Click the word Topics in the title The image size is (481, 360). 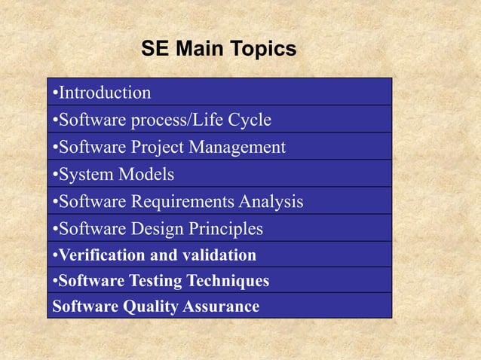(x=263, y=50)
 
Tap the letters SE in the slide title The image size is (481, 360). (x=153, y=50)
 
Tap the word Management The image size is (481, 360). (x=237, y=147)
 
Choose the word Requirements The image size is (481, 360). (x=183, y=201)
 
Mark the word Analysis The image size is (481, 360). (x=271, y=201)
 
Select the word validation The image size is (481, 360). (x=218, y=255)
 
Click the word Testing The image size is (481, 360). (x=148, y=281)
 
